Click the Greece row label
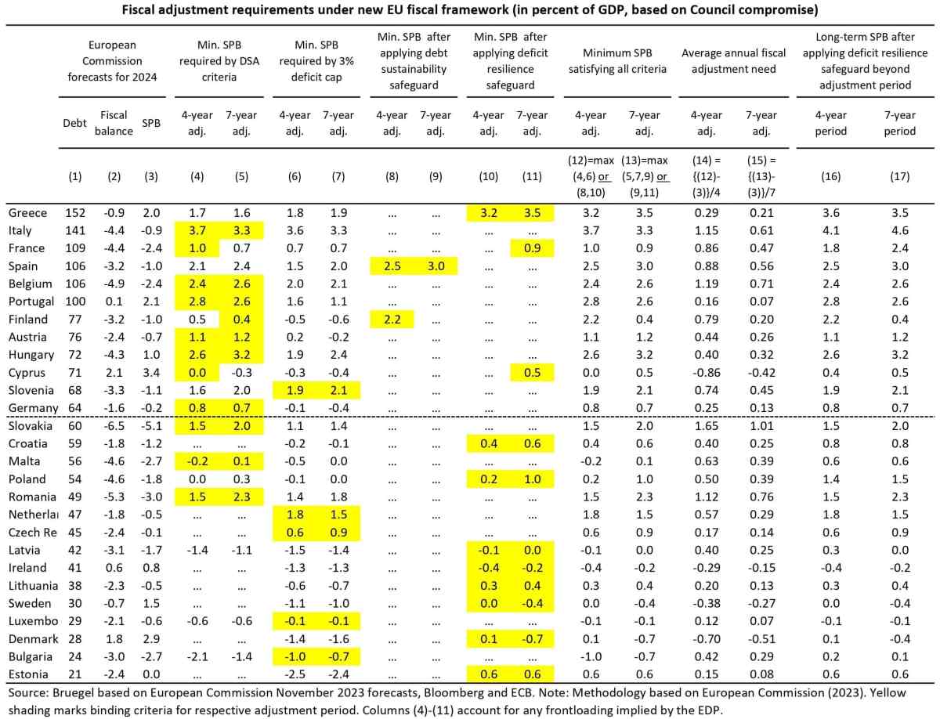(x=27, y=213)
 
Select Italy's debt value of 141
(x=74, y=230)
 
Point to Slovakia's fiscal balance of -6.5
(x=114, y=425)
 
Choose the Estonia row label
(x=28, y=674)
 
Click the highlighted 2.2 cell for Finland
(x=392, y=319)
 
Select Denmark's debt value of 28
(x=74, y=638)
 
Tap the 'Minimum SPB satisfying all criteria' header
(x=624, y=60)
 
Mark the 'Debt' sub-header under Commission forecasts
(x=74, y=123)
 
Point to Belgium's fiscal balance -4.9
(x=114, y=284)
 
